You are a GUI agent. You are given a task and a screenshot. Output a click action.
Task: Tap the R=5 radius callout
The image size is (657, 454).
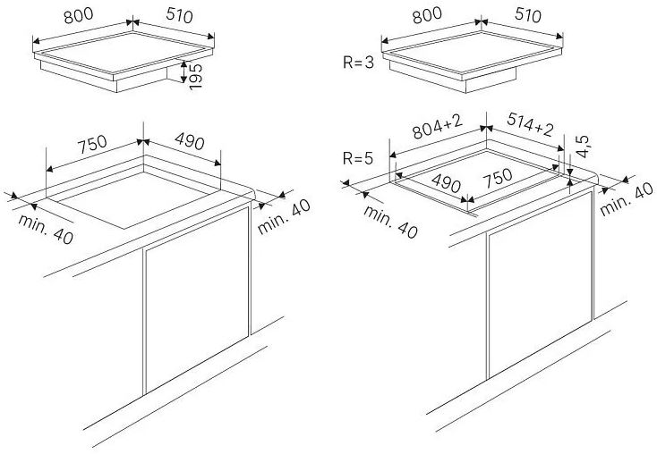358,160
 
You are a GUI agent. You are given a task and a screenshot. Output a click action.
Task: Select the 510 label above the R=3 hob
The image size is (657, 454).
528,15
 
